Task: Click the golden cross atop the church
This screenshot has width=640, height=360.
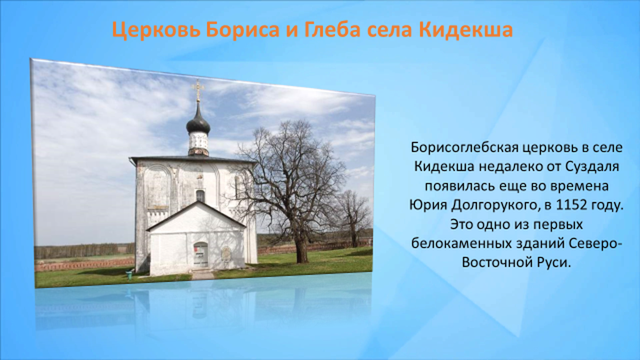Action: click(198, 90)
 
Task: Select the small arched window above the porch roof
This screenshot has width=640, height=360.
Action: click(200, 196)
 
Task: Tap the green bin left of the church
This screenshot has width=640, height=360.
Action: click(129, 275)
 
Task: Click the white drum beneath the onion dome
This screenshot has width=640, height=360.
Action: click(199, 144)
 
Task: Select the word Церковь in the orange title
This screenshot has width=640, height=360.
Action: click(156, 30)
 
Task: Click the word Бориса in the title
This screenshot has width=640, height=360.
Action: click(243, 30)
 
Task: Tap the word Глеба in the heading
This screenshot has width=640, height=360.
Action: click(332, 30)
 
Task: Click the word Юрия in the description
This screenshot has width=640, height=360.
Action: click(428, 205)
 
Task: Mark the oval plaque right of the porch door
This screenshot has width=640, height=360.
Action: click(224, 253)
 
